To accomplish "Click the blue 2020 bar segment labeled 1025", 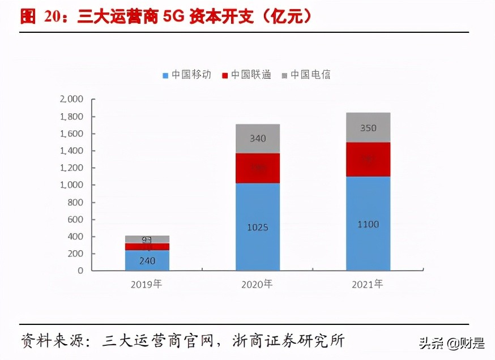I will point(258,227).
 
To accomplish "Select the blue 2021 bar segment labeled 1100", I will point(368,224).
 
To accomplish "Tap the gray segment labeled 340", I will point(258,139).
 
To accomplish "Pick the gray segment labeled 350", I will point(368,128).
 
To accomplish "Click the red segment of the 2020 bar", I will point(258,168).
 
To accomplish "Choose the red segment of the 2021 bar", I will point(368,160).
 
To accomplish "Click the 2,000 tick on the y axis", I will point(71,99).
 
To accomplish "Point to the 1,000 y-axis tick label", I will point(71,185).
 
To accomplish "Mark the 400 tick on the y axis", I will point(75,237).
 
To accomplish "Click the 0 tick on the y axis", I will point(80,271).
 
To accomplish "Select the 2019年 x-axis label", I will point(147,284).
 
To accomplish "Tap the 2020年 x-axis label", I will point(258,284).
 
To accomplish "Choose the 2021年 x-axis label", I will point(368,284).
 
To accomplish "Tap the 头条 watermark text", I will point(431,342).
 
